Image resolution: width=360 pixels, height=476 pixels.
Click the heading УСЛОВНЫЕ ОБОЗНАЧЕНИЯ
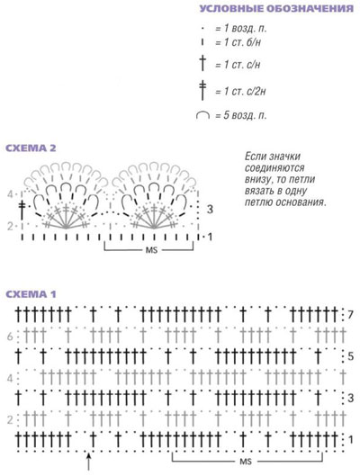(x=276, y=8)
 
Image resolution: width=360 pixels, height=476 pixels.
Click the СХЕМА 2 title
(x=31, y=148)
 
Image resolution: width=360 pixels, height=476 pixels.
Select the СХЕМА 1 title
(x=31, y=294)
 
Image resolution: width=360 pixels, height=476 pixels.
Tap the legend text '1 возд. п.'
(x=246, y=29)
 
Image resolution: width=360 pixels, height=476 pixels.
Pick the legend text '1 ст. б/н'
(x=242, y=42)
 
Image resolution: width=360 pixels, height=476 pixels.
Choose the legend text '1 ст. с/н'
(x=242, y=65)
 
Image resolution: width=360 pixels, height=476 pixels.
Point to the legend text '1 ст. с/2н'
(x=245, y=91)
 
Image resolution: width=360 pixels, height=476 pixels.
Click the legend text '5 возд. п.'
(x=246, y=115)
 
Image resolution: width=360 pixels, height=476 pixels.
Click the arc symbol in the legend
(x=202, y=113)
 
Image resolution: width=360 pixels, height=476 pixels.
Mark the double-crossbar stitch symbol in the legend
(x=202, y=90)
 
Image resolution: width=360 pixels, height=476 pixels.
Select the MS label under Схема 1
(x=246, y=462)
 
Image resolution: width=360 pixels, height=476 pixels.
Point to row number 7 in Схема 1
(x=351, y=315)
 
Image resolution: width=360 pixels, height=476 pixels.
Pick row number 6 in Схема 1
(x=10, y=337)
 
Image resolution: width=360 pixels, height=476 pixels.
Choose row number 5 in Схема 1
(x=351, y=356)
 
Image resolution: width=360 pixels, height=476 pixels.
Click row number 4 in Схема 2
(x=10, y=194)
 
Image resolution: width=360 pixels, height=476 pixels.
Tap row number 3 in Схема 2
(x=210, y=209)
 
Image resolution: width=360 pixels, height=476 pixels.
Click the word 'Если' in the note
(x=255, y=157)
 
